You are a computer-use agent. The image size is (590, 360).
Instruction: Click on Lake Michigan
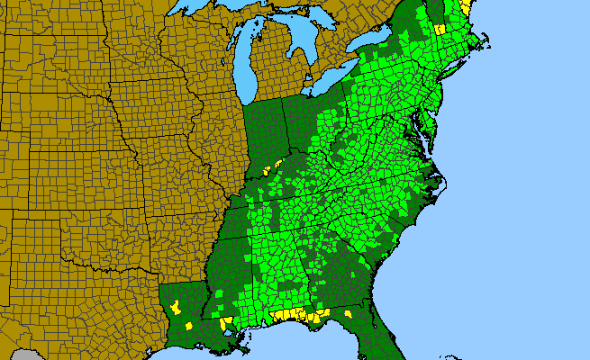[242, 63]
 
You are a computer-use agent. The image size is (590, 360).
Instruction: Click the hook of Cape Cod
[487, 41]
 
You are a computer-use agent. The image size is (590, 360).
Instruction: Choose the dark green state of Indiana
[265, 135]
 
